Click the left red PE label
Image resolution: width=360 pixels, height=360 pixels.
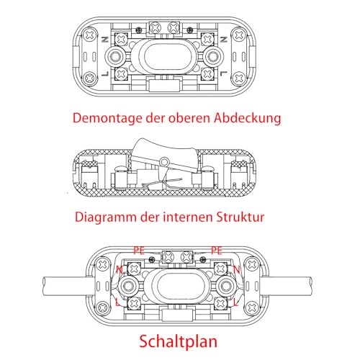(140, 251)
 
